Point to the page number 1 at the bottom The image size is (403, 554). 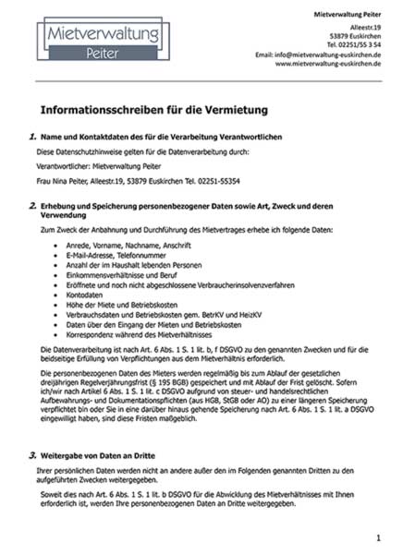click(x=378, y=536)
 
